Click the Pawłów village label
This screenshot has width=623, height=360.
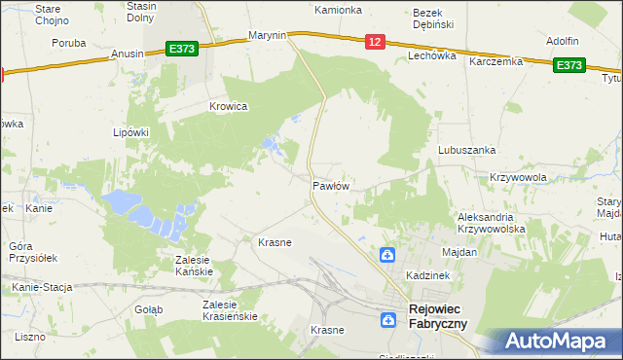point(330,184)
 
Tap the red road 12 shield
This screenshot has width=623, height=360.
point(377,41)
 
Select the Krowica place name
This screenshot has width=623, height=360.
point(229,106)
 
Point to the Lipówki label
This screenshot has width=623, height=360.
point(130,132)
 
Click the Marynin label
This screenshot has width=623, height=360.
point(267,35)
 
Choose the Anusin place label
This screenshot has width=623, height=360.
point(128,54)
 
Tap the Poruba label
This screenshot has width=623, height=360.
point(69,43)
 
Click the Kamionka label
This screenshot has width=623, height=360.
point(338,10)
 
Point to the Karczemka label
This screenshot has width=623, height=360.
point(495,61)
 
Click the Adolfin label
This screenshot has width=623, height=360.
point(563,41)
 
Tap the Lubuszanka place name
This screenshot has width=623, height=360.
point(467,150)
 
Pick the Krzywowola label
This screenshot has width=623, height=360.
point(518,177)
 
